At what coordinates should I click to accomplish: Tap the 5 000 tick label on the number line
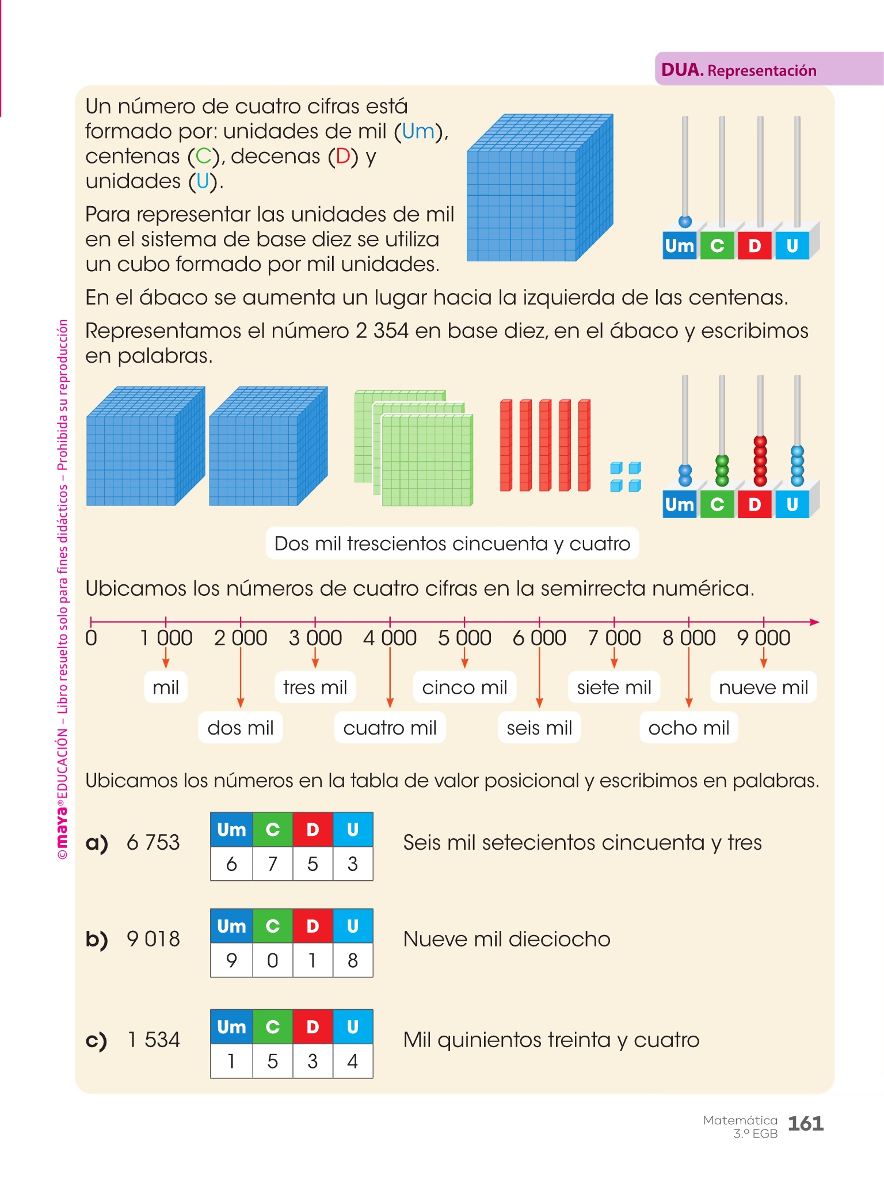point(464,638)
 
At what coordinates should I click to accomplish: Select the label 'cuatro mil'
point(390,728)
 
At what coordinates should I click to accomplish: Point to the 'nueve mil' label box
point(763,687)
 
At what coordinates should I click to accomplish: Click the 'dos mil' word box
point(241,728)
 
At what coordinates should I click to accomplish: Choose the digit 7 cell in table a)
point(272,864)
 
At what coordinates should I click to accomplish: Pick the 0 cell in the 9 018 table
point(272,960)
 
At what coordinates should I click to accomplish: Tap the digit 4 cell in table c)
point(353,1060)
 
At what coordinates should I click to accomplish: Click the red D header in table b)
point(313,926)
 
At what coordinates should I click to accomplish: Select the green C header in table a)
point(272,830)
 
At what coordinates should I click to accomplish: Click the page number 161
point(805,1123)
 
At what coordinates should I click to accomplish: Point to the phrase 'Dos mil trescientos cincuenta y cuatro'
point(452,543)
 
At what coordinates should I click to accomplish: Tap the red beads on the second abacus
point(760,461)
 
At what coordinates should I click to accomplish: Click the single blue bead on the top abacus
point(685,222)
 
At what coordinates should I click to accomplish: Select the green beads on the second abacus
point(722,470)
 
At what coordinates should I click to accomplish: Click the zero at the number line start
point(91,638)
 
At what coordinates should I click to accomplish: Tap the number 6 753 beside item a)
point(153,842)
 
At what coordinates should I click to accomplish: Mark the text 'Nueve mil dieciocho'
point(506,939)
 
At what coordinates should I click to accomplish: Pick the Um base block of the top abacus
point(680,246)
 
